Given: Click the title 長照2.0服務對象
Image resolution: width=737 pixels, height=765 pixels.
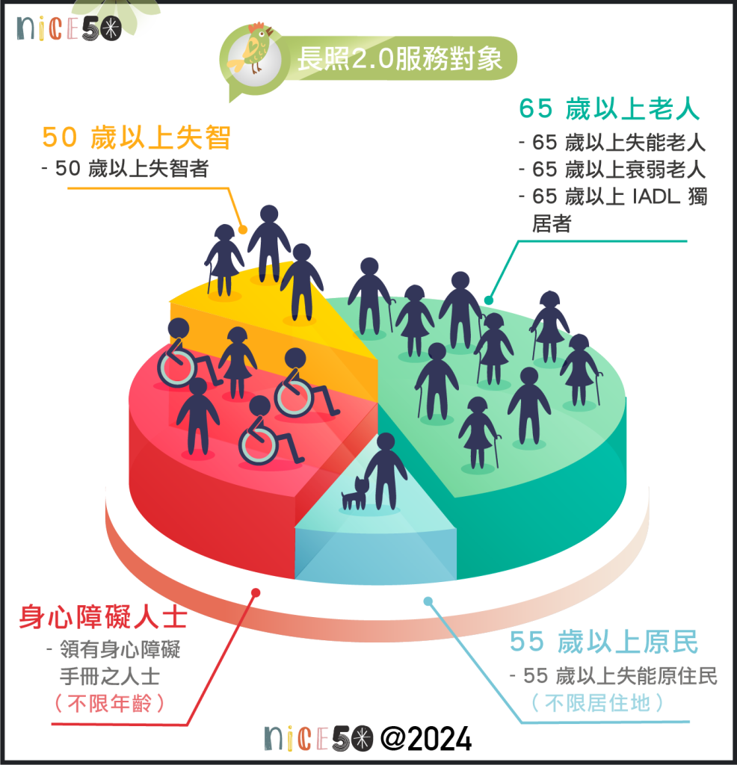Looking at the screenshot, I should tap(399, 59).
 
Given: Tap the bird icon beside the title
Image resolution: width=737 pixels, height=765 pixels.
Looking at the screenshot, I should tap(253, 52).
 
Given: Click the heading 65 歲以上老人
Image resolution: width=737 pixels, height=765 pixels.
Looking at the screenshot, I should tap(609, 109).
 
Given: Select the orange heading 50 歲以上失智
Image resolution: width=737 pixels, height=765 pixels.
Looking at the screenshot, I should tap(135, 138).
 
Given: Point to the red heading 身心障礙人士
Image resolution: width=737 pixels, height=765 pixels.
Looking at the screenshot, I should tap(102, 618).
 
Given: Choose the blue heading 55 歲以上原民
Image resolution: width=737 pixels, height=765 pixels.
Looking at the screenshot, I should tap(604, 642).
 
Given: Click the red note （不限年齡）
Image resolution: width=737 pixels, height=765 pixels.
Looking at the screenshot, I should tap(109, 704).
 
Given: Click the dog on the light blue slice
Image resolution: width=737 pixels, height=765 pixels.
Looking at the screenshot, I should tap(355, 494).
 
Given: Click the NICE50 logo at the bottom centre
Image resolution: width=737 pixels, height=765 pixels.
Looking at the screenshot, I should tap(319, 739).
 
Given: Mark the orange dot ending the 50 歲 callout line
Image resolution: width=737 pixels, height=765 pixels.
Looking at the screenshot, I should tap(242, 229).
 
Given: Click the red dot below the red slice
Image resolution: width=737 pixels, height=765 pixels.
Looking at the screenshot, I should tap(255, 592).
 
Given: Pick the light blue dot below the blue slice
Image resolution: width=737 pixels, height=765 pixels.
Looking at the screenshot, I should tap(428, 601).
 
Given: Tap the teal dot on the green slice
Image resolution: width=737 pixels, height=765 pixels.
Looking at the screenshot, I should tap(489, 300).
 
